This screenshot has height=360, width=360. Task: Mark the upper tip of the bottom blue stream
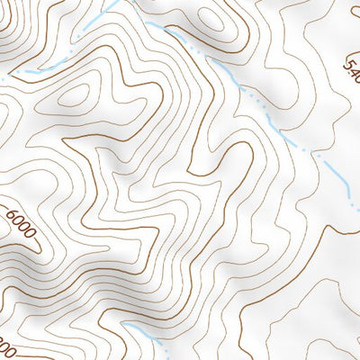click(125, 324)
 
